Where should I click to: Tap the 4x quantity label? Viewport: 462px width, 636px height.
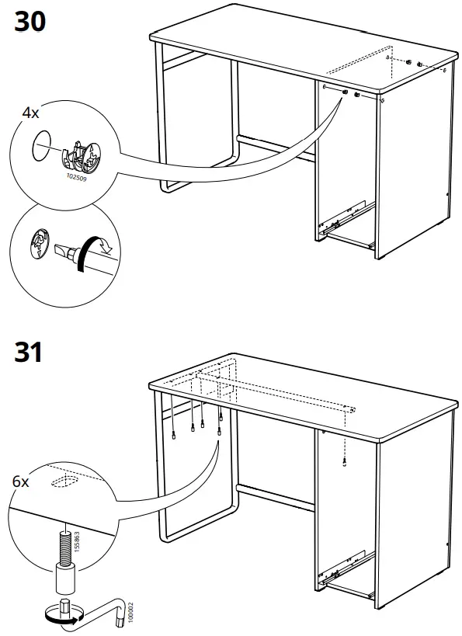tap(30, 113)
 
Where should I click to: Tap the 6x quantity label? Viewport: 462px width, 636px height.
tap(21, 481)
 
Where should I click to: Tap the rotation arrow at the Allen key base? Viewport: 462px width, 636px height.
tap(62, 620)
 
